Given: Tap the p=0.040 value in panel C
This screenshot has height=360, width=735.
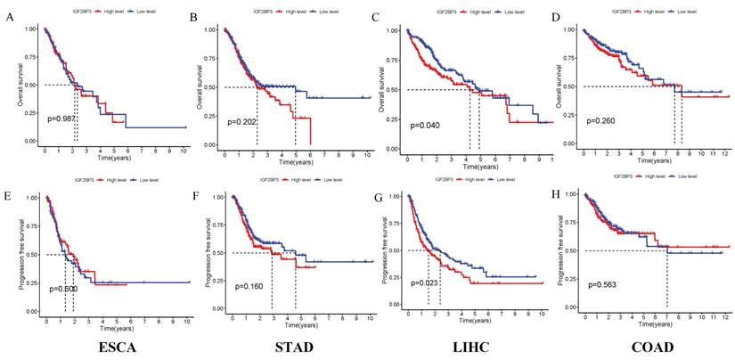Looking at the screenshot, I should point(425,125).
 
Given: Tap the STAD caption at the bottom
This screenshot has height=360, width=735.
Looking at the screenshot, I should point(296,346).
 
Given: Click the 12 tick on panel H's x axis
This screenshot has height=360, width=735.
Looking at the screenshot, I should point(725,317).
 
